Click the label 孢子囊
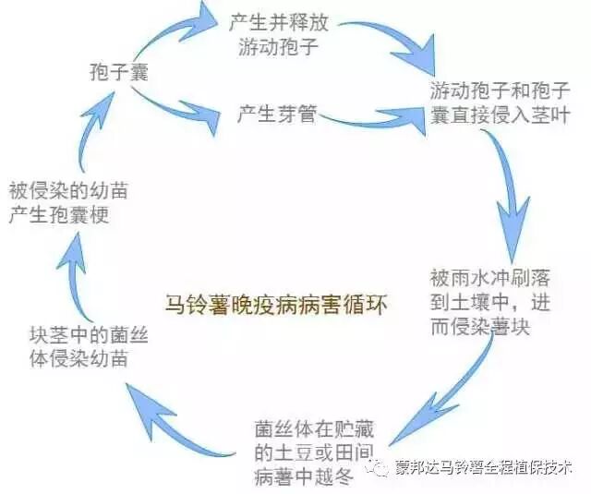[118, 73]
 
